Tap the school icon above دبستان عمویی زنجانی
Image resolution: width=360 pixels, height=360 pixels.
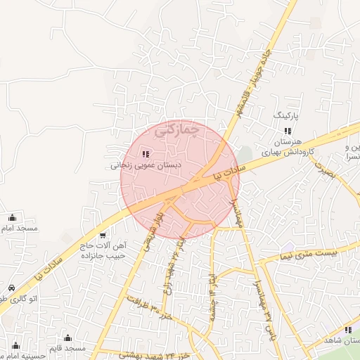tap(146, 154)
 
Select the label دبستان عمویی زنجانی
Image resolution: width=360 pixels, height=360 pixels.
tap(146, 167)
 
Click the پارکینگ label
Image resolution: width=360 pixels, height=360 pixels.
tap(285, 114)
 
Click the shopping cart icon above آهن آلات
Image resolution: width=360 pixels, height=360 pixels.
tap(103, 235)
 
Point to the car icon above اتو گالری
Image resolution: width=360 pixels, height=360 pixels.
tap(12, 288)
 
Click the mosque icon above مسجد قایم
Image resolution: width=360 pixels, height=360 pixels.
tap(67, 338)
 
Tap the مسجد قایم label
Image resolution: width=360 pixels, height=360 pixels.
tap(67, 348)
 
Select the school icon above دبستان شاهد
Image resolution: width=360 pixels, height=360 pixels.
tap(348, 330)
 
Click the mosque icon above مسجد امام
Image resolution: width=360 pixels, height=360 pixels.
tap(12, 218)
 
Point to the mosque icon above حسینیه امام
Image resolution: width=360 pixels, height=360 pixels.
tap(20, 347)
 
